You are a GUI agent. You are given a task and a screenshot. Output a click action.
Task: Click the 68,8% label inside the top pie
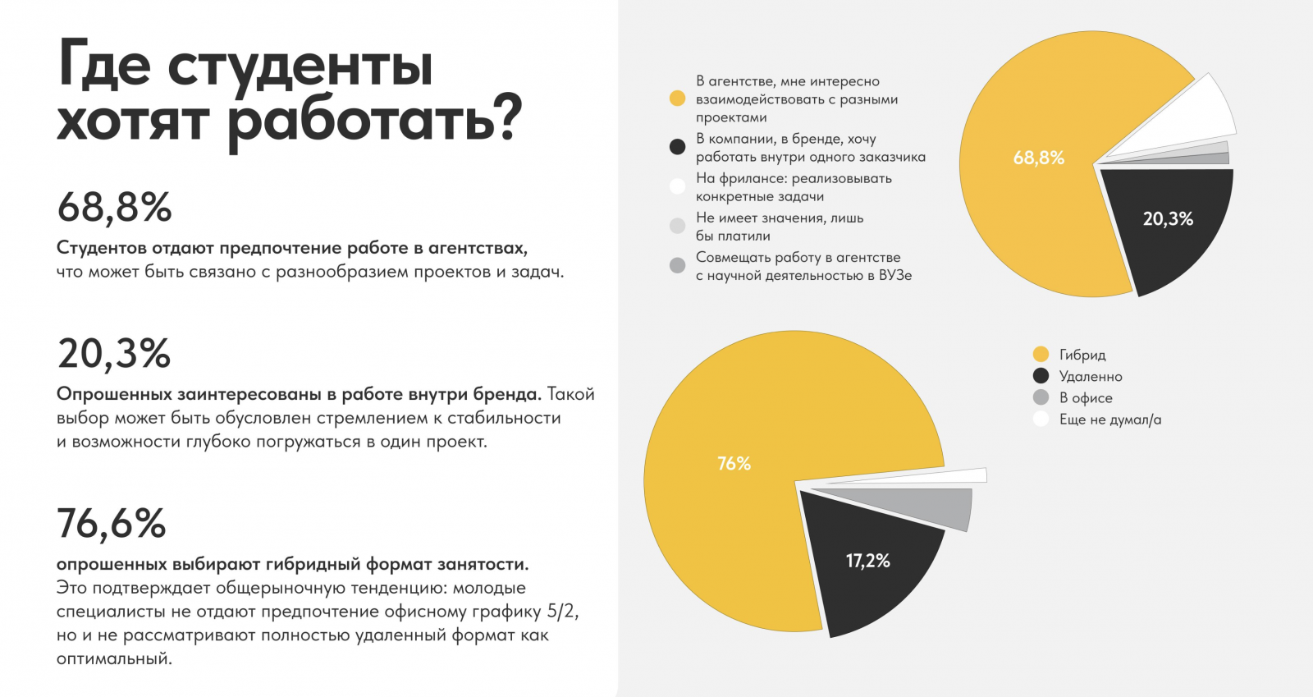1038,158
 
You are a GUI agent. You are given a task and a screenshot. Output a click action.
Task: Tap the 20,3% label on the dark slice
1168,218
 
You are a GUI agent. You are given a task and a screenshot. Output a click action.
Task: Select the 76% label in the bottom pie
734,464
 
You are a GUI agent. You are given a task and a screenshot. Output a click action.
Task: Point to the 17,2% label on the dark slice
867,561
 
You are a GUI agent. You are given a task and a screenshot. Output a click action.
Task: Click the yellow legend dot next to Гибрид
1041,355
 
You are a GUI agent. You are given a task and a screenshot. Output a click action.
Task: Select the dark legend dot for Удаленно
1041,376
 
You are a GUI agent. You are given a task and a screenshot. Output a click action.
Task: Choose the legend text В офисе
1086,398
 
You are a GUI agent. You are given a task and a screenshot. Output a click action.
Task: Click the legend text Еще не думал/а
1109,420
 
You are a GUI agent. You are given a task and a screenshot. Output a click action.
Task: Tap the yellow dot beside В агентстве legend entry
677,99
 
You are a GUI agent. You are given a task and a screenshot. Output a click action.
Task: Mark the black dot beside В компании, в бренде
677,147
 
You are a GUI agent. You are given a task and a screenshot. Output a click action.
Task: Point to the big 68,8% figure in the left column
114,208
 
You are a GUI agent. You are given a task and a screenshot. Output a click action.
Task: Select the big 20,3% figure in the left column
114,354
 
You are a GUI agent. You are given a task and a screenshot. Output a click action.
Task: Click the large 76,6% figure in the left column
112,524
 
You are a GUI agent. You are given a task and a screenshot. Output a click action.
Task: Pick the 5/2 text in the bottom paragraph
562,612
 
